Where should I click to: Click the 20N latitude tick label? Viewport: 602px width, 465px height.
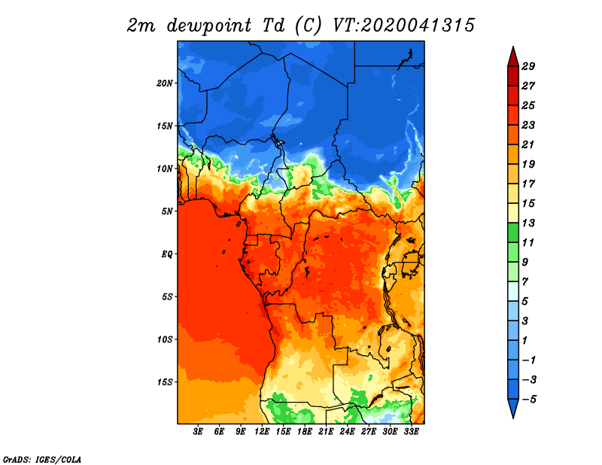(165, 84)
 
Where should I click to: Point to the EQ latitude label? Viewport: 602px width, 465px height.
(166, 254)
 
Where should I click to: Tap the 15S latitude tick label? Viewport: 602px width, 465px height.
(165, 382)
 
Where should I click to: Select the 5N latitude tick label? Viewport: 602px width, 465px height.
(166, 211)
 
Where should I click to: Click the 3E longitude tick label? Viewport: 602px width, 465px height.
(198, 432)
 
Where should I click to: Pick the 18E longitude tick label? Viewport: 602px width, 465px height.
(305, 432)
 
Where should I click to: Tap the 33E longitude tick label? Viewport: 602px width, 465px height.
(411, 432)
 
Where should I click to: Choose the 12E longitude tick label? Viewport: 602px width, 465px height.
(262, 432)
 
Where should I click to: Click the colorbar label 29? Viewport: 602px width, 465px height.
(528, 66)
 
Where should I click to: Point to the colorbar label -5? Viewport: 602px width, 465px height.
(529, 400)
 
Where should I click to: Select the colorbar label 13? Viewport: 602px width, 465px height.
(528, 223)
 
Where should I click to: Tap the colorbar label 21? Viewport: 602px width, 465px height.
(528, 144)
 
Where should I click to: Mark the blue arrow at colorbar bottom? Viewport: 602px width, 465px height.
(513, 407)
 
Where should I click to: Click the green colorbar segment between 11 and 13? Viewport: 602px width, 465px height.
(513, 232)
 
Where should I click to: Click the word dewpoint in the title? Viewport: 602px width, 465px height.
(209, 26)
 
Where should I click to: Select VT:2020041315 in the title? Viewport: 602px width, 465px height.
(403, 26)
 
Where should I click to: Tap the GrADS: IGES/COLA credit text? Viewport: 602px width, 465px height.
(42, 459)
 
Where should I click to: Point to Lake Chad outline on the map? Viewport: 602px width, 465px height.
(277, 141)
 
